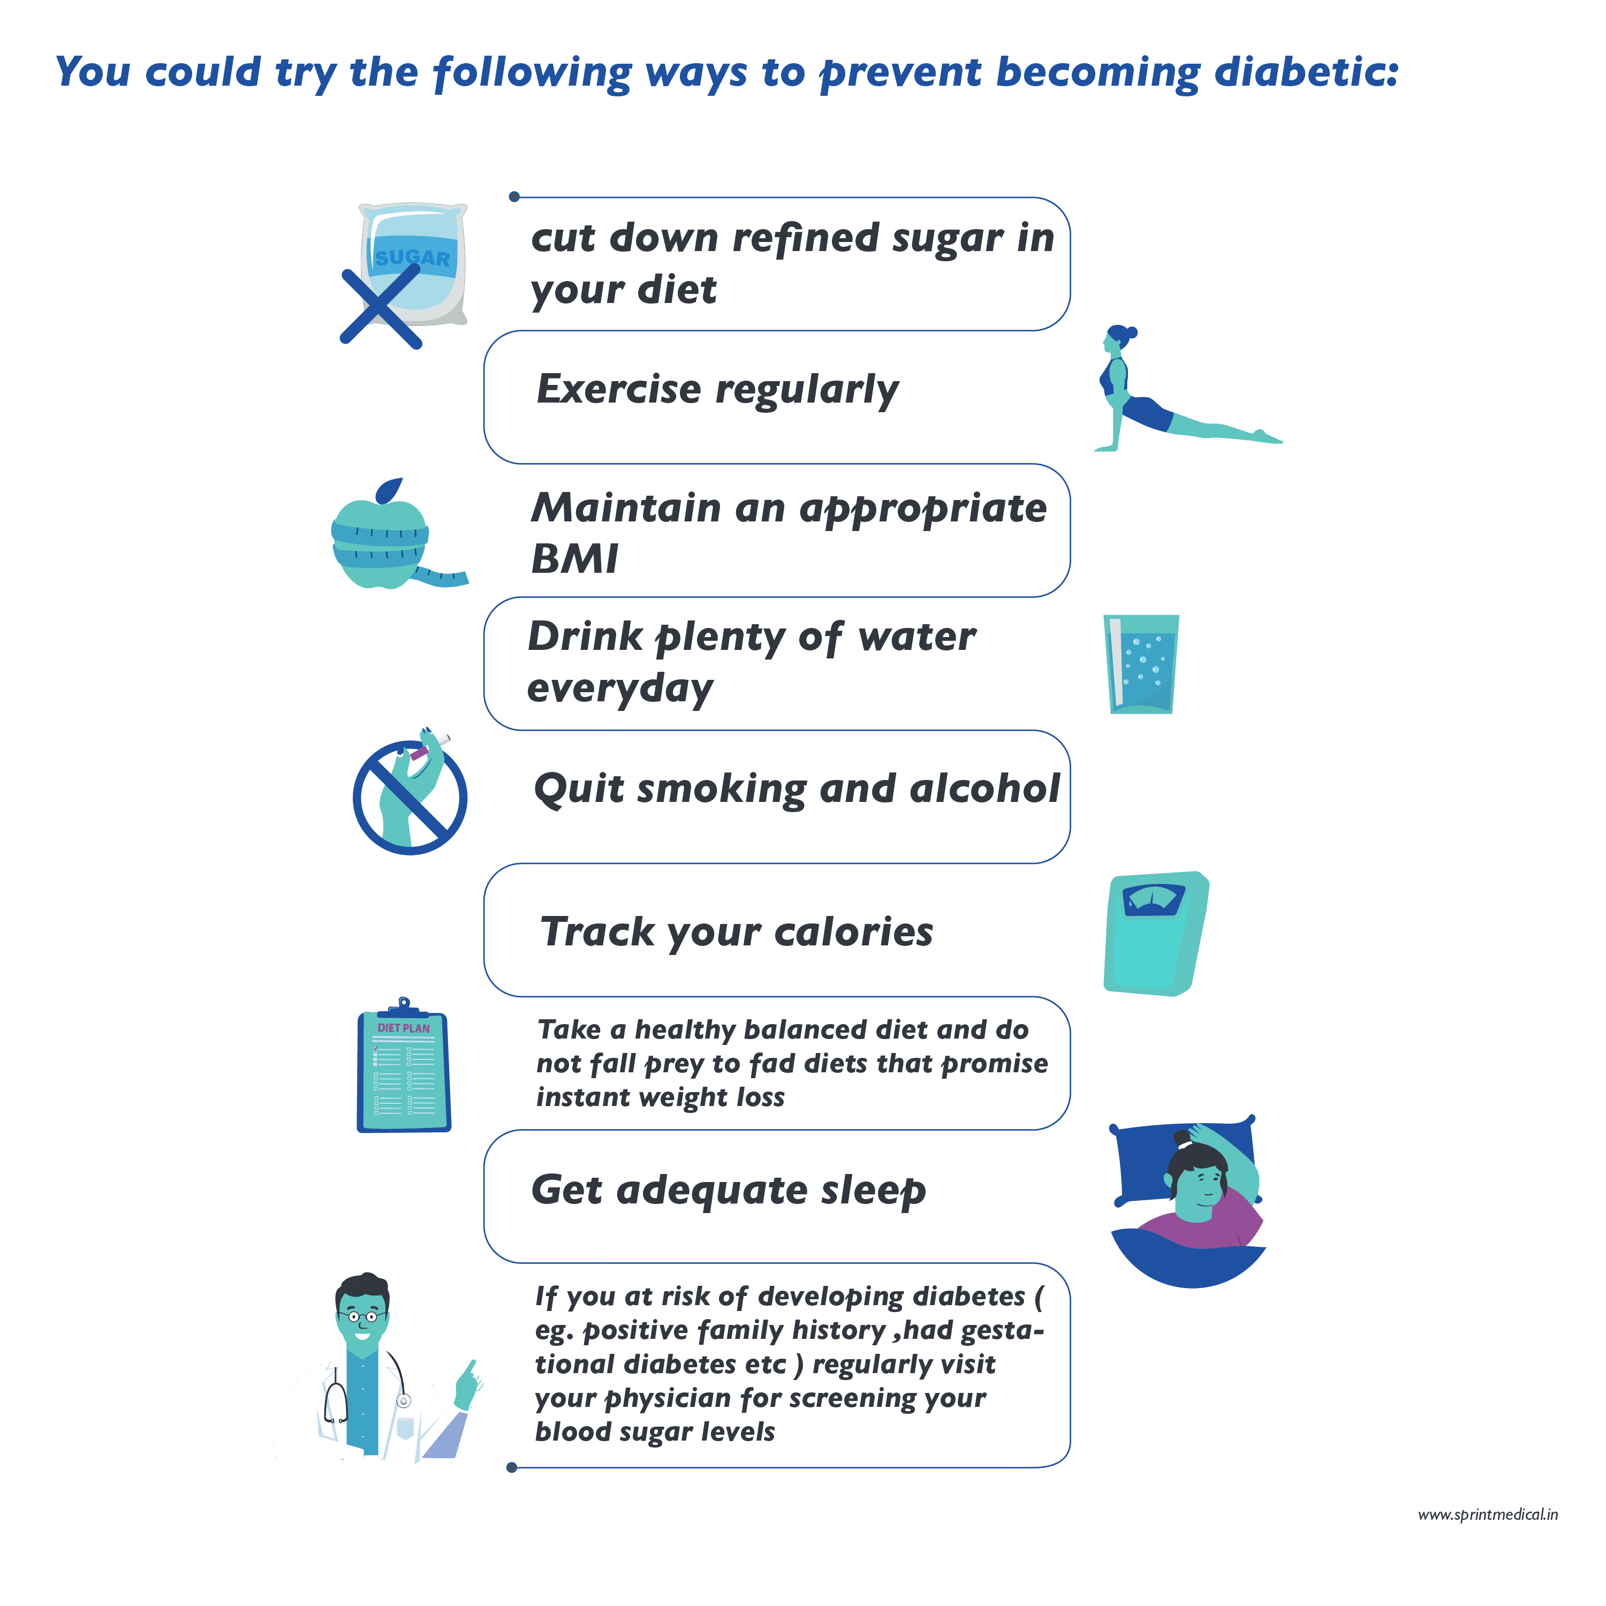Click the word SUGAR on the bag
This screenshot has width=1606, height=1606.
(x=412, y=257)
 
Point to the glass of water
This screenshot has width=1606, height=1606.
(x=1141, y=663)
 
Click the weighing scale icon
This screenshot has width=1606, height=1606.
(x=1155, y=933)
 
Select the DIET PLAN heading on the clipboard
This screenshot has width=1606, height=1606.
(x=404, y=1028)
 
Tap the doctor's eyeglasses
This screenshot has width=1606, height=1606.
(x=362, y=1317)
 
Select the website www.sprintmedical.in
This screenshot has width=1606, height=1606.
(x=1487, y=1514)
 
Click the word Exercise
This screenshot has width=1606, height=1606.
(x=618, y=389)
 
